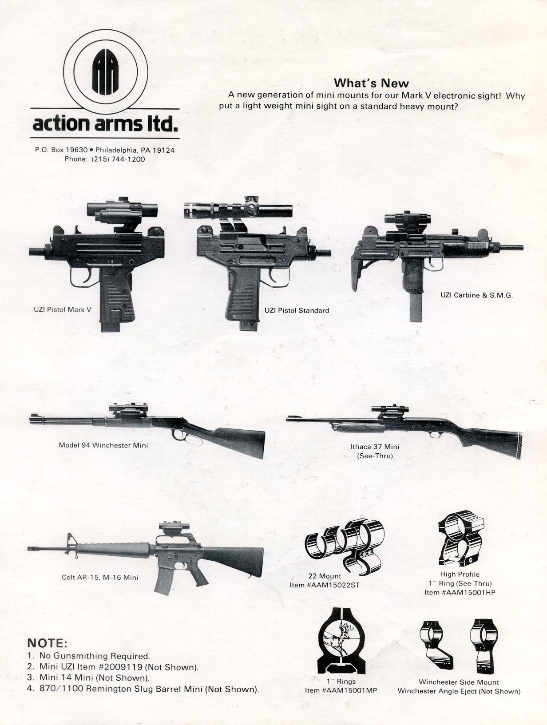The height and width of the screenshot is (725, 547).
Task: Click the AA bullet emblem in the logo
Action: pyautogui.click(x=105, y=71)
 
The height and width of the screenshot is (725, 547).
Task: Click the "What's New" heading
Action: pyautogui.click(x=371, y=83)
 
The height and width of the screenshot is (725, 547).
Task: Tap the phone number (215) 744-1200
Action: pyautogui.click(x=118, y=159)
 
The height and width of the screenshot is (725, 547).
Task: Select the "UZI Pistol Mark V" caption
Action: pyautogui.click(x=63, y=309)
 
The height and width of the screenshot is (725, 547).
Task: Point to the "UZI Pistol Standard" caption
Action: pyautogui.click(x=297, y=310)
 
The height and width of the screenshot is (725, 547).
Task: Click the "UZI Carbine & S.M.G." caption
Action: pyautogui.click(x=477, y=295)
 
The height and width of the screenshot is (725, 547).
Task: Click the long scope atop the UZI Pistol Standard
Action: pyautogui.click(x=238, y=209)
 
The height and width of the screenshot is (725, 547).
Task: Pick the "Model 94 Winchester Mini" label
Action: pyautogui.click(x=103, y=445)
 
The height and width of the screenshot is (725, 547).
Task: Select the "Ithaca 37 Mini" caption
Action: pyautogui.click(x=375, y=447)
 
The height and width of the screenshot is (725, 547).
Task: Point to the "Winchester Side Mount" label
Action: pyautogui.click(x=459, y=682)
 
